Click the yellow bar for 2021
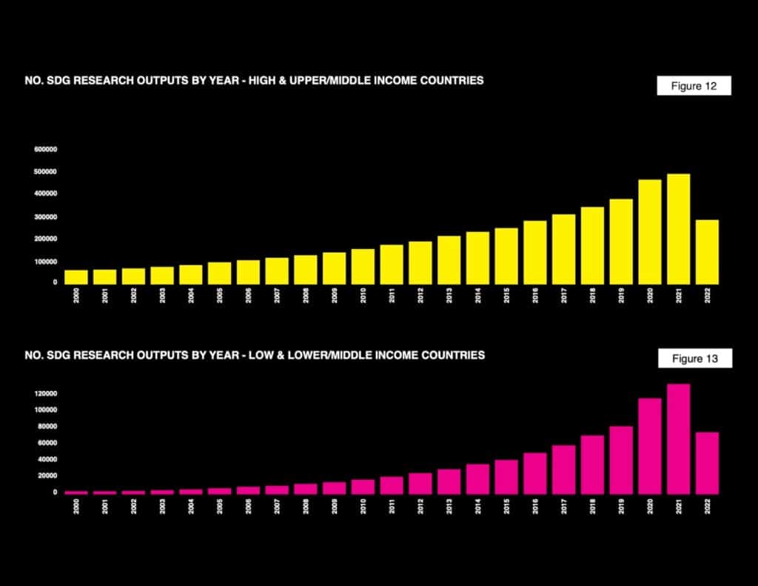tap(678, 229)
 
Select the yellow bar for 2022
tap(707, 252)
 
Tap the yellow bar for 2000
tap(76, 277)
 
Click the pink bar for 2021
tap(678, 439)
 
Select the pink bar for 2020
tap(650, 446)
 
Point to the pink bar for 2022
tap(707, 463)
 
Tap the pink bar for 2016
tap(535, 473)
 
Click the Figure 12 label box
tap(694, 86)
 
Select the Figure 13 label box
tap(694, 359)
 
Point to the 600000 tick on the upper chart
tap(45, 150)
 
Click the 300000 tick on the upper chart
tap(45, 217)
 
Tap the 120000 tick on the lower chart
tap(46, 393)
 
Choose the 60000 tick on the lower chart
tap(47, 443)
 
